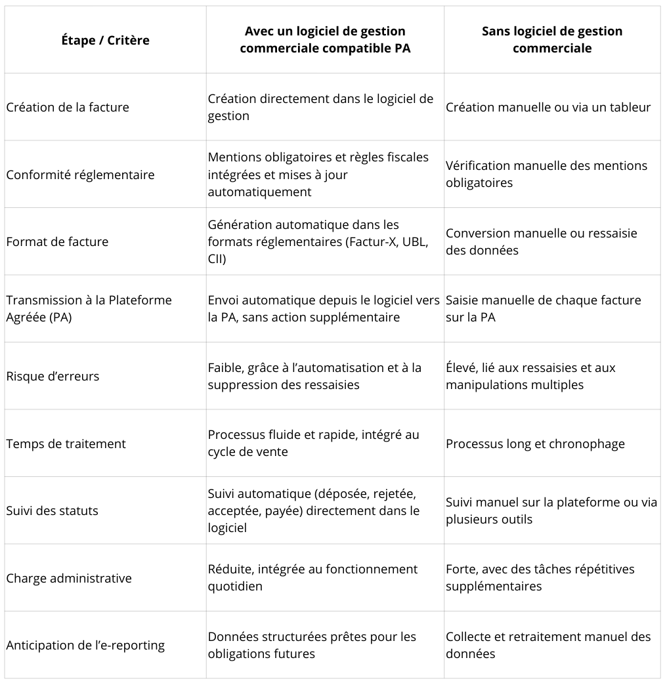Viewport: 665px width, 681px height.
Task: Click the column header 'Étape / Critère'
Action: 105,40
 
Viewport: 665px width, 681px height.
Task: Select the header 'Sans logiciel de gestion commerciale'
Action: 551,39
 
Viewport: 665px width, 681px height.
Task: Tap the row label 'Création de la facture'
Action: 68,107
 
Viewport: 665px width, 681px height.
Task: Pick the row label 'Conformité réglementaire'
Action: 80,175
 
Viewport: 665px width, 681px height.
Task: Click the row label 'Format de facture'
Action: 57,241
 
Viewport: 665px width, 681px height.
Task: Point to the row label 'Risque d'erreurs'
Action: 53,377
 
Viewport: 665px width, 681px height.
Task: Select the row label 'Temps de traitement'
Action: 66,444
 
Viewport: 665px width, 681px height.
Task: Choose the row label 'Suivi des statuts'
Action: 52,510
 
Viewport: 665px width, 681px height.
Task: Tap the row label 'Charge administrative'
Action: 69,578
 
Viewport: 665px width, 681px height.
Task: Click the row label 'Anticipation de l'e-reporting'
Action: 85,645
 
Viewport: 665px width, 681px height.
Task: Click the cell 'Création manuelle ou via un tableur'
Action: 548,107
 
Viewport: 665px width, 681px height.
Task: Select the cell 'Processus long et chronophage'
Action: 535,444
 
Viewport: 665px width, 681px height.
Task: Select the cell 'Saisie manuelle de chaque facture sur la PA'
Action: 543,308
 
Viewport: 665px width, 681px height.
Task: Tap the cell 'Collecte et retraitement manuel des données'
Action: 548,645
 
